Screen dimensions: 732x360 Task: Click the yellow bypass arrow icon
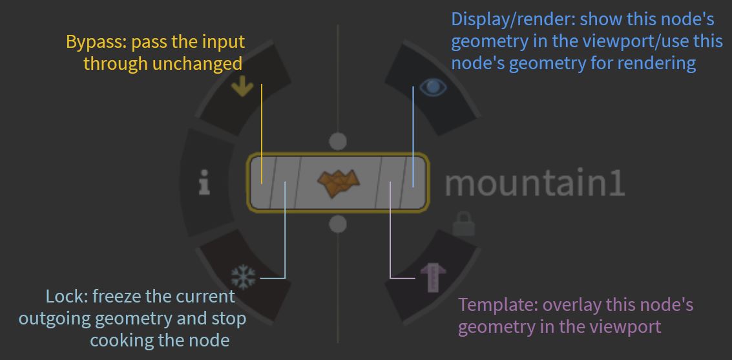pos(242,87)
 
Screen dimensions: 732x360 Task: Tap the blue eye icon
pos(433,87)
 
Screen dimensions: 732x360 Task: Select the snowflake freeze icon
pos(244,277)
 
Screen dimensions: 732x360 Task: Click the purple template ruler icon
pos(434,277)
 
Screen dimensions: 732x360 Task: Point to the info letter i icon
pos(204,182)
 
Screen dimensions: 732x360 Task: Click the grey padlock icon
pos(464,224)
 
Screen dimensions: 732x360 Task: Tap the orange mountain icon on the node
pos(339,182)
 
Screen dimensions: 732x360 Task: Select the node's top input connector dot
pos(338,141)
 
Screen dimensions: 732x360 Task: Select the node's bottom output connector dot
pos(338,224)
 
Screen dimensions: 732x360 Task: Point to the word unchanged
pos(198,63)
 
